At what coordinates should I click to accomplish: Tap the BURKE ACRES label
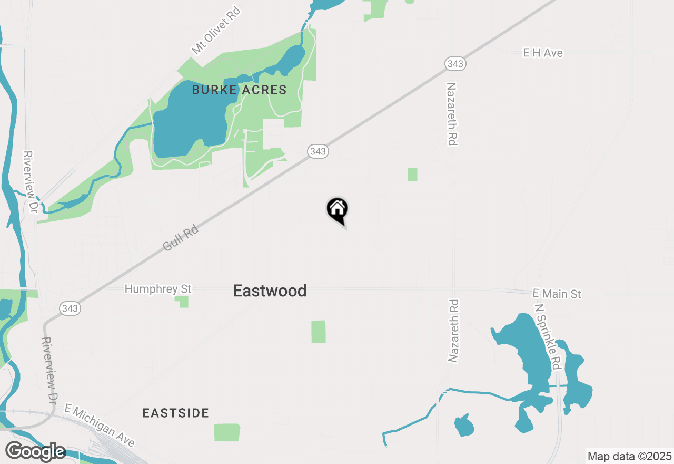[239, 90]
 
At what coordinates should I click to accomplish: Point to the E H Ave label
[542, 53]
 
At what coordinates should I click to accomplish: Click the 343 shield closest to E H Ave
[454, 64]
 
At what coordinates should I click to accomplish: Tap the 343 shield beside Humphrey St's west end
[70, 308]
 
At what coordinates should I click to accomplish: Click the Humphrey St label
[158, 289]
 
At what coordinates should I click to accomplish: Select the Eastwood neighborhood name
[270, 291]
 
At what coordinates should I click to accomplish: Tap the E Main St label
[557, 293]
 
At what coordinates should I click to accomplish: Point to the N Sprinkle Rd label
[547, 336]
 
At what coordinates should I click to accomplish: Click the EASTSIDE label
[176, 413]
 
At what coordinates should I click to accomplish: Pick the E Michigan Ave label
[100, 425]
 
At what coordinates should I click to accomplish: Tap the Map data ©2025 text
[629, 456]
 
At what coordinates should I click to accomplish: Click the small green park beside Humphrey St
[182, 302]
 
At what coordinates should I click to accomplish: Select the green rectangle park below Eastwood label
[318, 332]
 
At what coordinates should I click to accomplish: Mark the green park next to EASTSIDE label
[227, 432]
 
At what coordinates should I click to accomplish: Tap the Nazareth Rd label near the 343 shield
[451, 113]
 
